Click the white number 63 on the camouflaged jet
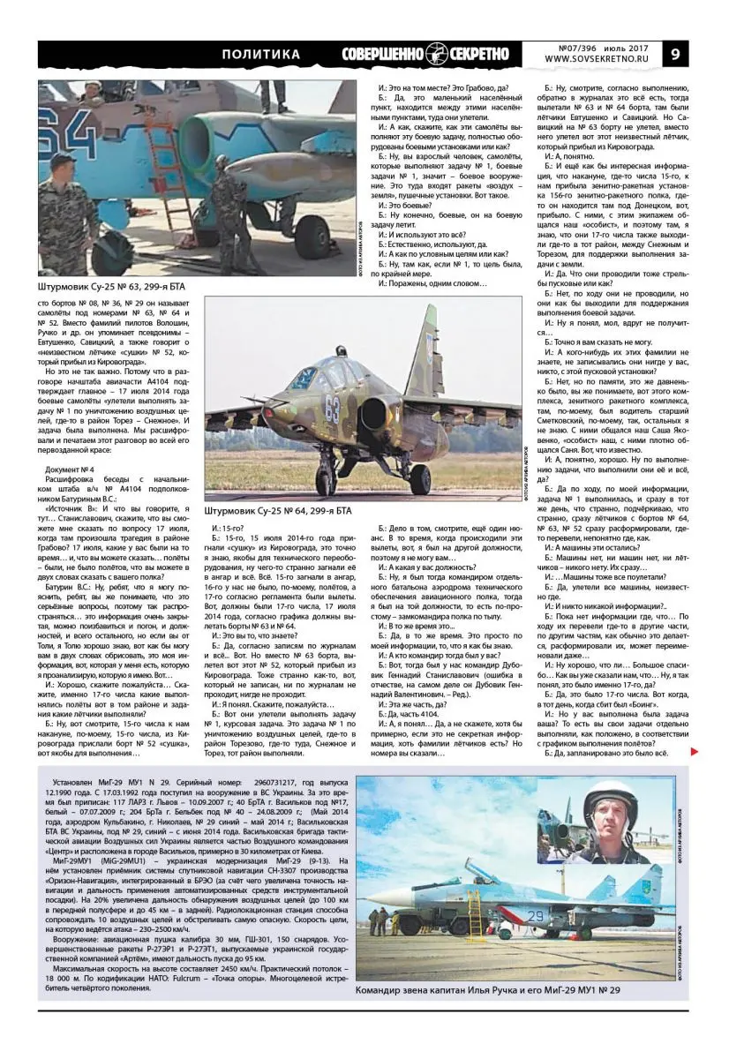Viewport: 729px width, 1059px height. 332,409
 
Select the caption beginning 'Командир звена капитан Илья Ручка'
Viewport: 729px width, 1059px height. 487,990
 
